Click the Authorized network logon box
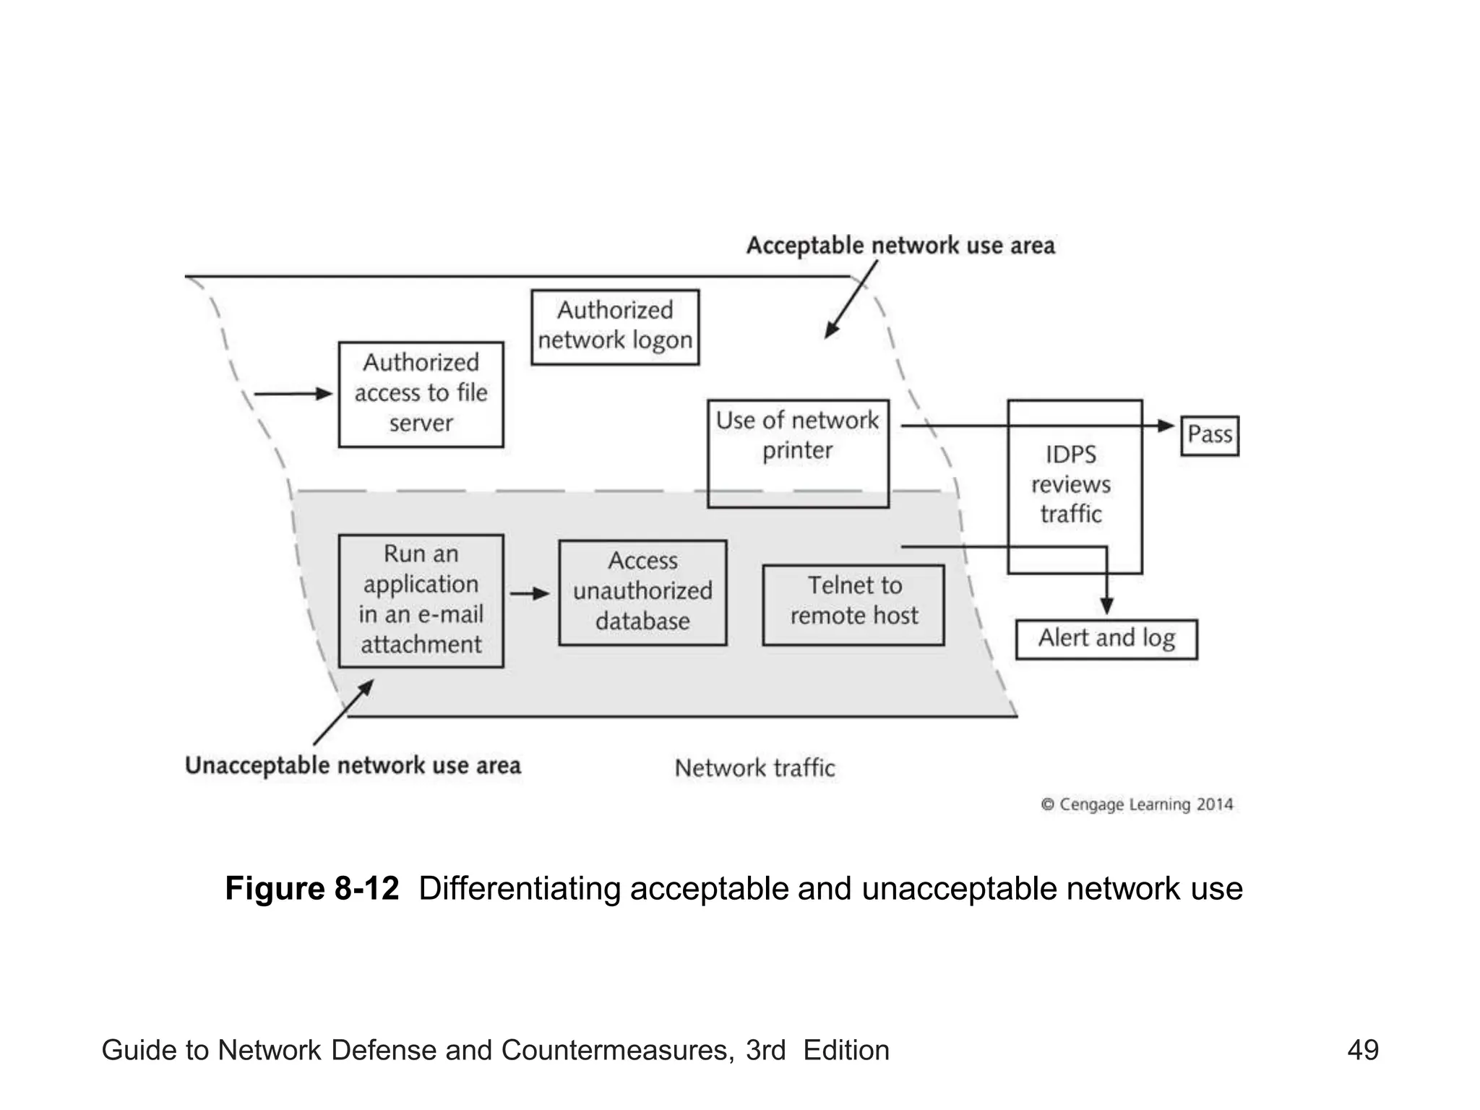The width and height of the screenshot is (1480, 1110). click(x=615, y=327)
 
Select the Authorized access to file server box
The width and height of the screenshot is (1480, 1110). click(x=421, y=394)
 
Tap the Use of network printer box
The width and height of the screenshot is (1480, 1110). click(x=798, y=452)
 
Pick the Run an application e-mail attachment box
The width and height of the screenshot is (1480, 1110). click(x=421, y=600)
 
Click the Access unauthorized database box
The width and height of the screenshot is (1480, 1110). click(x=642, y=592)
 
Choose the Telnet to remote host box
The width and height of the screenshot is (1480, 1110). click(x=853, y=604)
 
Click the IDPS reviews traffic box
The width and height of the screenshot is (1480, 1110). click(x=1074, y=486)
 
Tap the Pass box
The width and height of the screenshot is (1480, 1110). click(x=1209, y=435)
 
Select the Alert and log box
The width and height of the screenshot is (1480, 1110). click(x=1106, y=639)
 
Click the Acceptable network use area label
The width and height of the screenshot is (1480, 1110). click(x=900, y=246)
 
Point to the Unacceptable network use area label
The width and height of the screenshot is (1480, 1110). click(x=353, y=765)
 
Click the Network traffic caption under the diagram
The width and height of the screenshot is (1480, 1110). click(x=754, y=767)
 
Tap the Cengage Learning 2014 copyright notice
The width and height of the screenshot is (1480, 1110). click(x=1137, y=804)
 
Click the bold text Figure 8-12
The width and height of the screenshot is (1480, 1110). click(x=311, y=888)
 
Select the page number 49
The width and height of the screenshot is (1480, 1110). click(x=1362, y=1050)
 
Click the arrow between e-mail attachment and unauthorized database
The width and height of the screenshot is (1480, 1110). click(x=529, y=593)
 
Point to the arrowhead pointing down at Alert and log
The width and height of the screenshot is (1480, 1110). click(x=1106, y=606)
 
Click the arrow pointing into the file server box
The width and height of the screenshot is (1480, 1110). click(x=292, y=394)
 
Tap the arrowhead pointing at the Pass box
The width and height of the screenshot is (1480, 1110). click(x=1165, y=426)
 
